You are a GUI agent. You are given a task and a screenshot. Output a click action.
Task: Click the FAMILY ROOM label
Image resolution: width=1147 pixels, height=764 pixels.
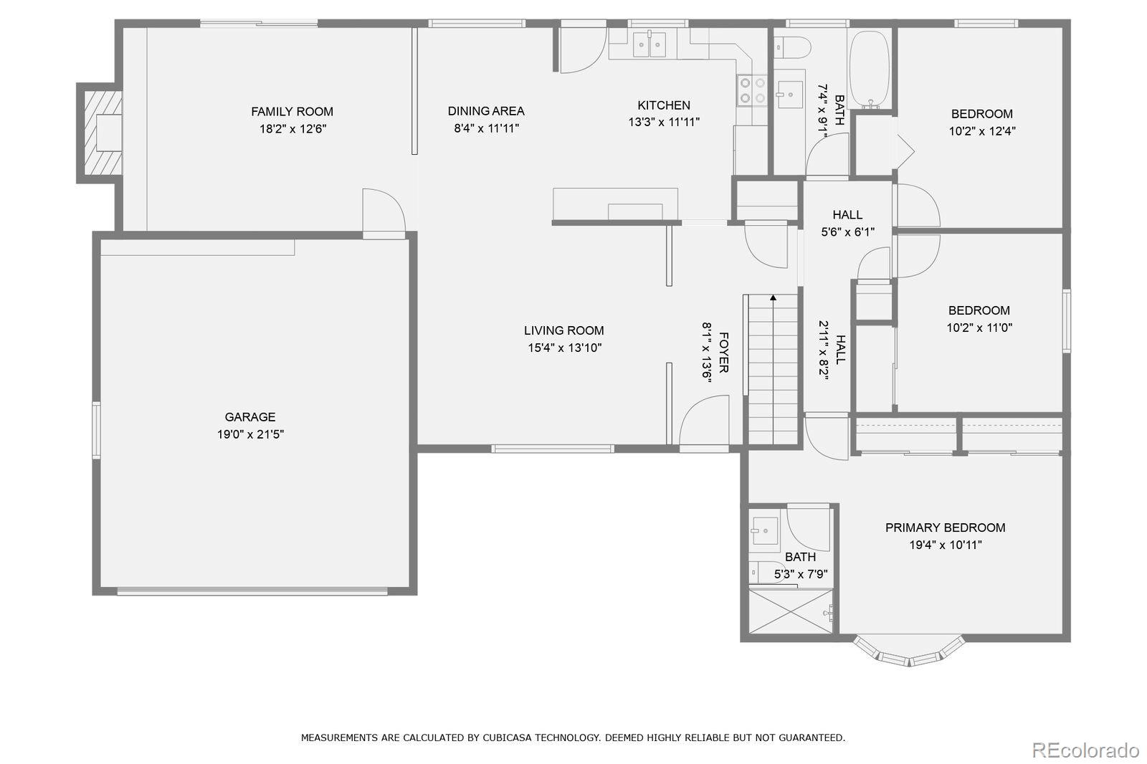click(x=292, y=111)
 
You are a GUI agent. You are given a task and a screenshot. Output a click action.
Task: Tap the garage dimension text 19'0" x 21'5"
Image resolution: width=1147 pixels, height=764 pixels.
click(x=250, y=434)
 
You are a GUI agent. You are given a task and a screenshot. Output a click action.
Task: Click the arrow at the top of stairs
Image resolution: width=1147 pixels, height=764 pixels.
click(x=773, y=297)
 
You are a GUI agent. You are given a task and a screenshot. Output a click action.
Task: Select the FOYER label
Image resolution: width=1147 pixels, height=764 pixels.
click(x=723, y=352)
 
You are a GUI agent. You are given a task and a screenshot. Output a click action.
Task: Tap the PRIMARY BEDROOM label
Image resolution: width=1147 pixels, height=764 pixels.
click(x=945, y=527)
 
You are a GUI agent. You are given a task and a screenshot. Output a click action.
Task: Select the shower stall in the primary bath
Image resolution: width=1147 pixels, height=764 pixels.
click(x=791, y=611)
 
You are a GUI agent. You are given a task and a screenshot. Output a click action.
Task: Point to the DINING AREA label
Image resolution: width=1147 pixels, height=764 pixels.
click(x=486, y=111)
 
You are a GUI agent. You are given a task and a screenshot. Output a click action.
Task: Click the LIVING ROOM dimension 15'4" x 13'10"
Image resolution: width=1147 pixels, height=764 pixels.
click(x=564, y=348)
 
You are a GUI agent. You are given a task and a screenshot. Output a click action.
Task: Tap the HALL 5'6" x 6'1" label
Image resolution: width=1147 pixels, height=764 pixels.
click(x=847, y=223)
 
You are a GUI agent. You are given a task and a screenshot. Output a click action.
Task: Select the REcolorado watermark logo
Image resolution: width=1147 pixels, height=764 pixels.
click(x=1085, y=750)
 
